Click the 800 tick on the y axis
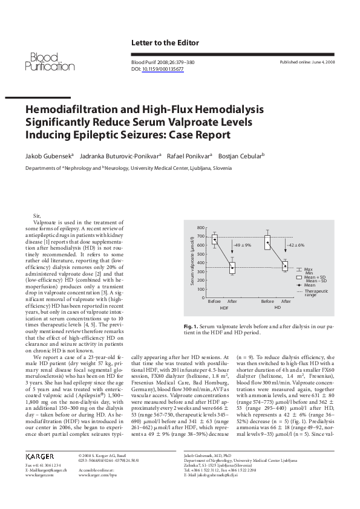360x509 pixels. coord(201,227)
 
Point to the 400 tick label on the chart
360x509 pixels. coord(201,262)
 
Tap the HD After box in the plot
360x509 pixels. coord(286,265)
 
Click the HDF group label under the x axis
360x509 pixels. coord(224,308)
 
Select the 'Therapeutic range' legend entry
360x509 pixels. coord(310,293)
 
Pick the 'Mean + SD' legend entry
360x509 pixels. coord(312,277)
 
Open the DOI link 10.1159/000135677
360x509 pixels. coord(163,69)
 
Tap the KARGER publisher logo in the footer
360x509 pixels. coord(41,456)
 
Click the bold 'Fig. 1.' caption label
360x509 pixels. coord(191,326)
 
